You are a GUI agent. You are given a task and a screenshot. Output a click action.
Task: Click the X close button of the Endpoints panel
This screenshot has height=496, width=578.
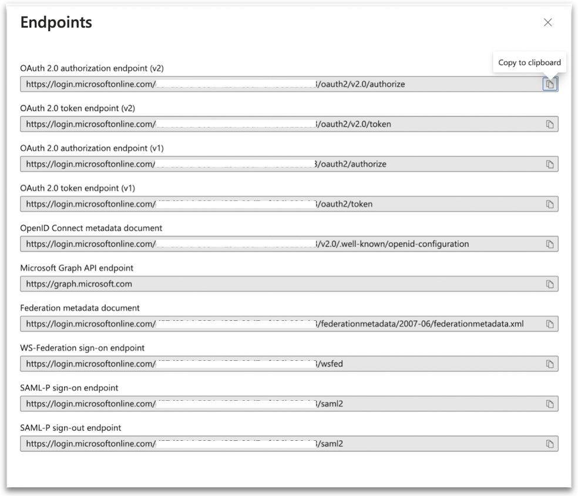pos(547,23)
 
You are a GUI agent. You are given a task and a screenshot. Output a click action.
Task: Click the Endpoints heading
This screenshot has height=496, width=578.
pos(56,23)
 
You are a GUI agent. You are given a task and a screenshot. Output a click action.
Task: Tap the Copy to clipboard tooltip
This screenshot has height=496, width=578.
pos(529,62)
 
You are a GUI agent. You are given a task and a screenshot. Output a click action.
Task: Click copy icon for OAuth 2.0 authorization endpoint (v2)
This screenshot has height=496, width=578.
pos(550,84)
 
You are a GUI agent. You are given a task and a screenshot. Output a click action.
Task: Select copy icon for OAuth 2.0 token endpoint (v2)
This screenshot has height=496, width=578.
pos(550,124)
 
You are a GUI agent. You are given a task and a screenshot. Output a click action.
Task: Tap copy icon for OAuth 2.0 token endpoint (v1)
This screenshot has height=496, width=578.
pos(550,204)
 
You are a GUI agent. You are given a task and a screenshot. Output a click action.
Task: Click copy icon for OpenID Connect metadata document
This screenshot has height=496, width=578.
pos(550,244)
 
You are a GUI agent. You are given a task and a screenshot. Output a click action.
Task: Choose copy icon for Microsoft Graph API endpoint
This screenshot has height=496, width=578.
pos(550,284)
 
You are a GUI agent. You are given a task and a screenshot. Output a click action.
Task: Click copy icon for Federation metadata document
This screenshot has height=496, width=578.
pos(550,324)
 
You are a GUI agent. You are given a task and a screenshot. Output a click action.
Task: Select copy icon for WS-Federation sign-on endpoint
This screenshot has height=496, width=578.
pos(550,364)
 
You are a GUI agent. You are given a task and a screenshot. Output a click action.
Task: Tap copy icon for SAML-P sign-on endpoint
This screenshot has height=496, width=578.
pos(550,404)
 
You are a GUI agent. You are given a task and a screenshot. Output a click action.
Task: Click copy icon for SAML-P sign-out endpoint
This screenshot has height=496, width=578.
pos(550,444)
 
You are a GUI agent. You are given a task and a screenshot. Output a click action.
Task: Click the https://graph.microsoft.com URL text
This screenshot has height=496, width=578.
pos(79,284)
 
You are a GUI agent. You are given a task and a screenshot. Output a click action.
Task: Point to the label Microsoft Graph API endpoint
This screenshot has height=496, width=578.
pos(77,268)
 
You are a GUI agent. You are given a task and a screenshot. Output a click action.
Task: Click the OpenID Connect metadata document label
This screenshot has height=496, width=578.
pos(91,228)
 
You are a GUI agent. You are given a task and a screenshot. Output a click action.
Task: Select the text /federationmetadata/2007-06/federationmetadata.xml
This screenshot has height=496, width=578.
pos(422,324)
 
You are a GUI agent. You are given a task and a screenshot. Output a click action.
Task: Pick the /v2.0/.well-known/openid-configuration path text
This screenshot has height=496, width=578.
pos(394,244)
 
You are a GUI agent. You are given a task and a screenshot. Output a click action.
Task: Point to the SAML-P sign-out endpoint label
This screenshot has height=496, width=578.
pos(71,428)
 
